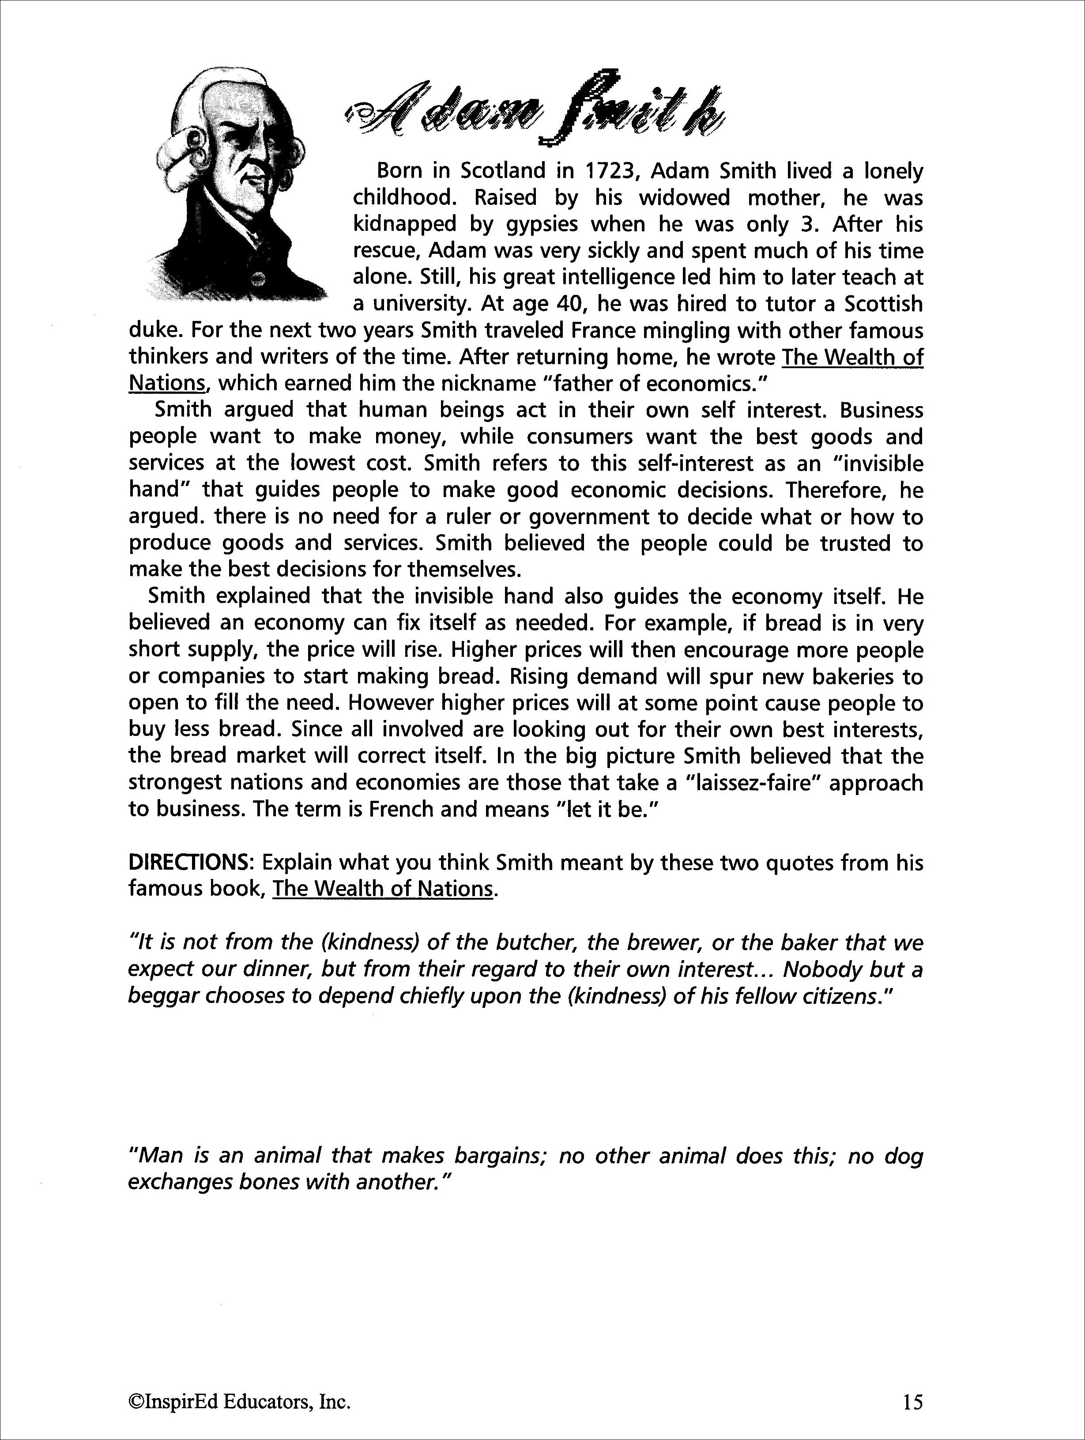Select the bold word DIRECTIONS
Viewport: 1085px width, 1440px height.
pyautogui.click(x=192, y=863)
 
